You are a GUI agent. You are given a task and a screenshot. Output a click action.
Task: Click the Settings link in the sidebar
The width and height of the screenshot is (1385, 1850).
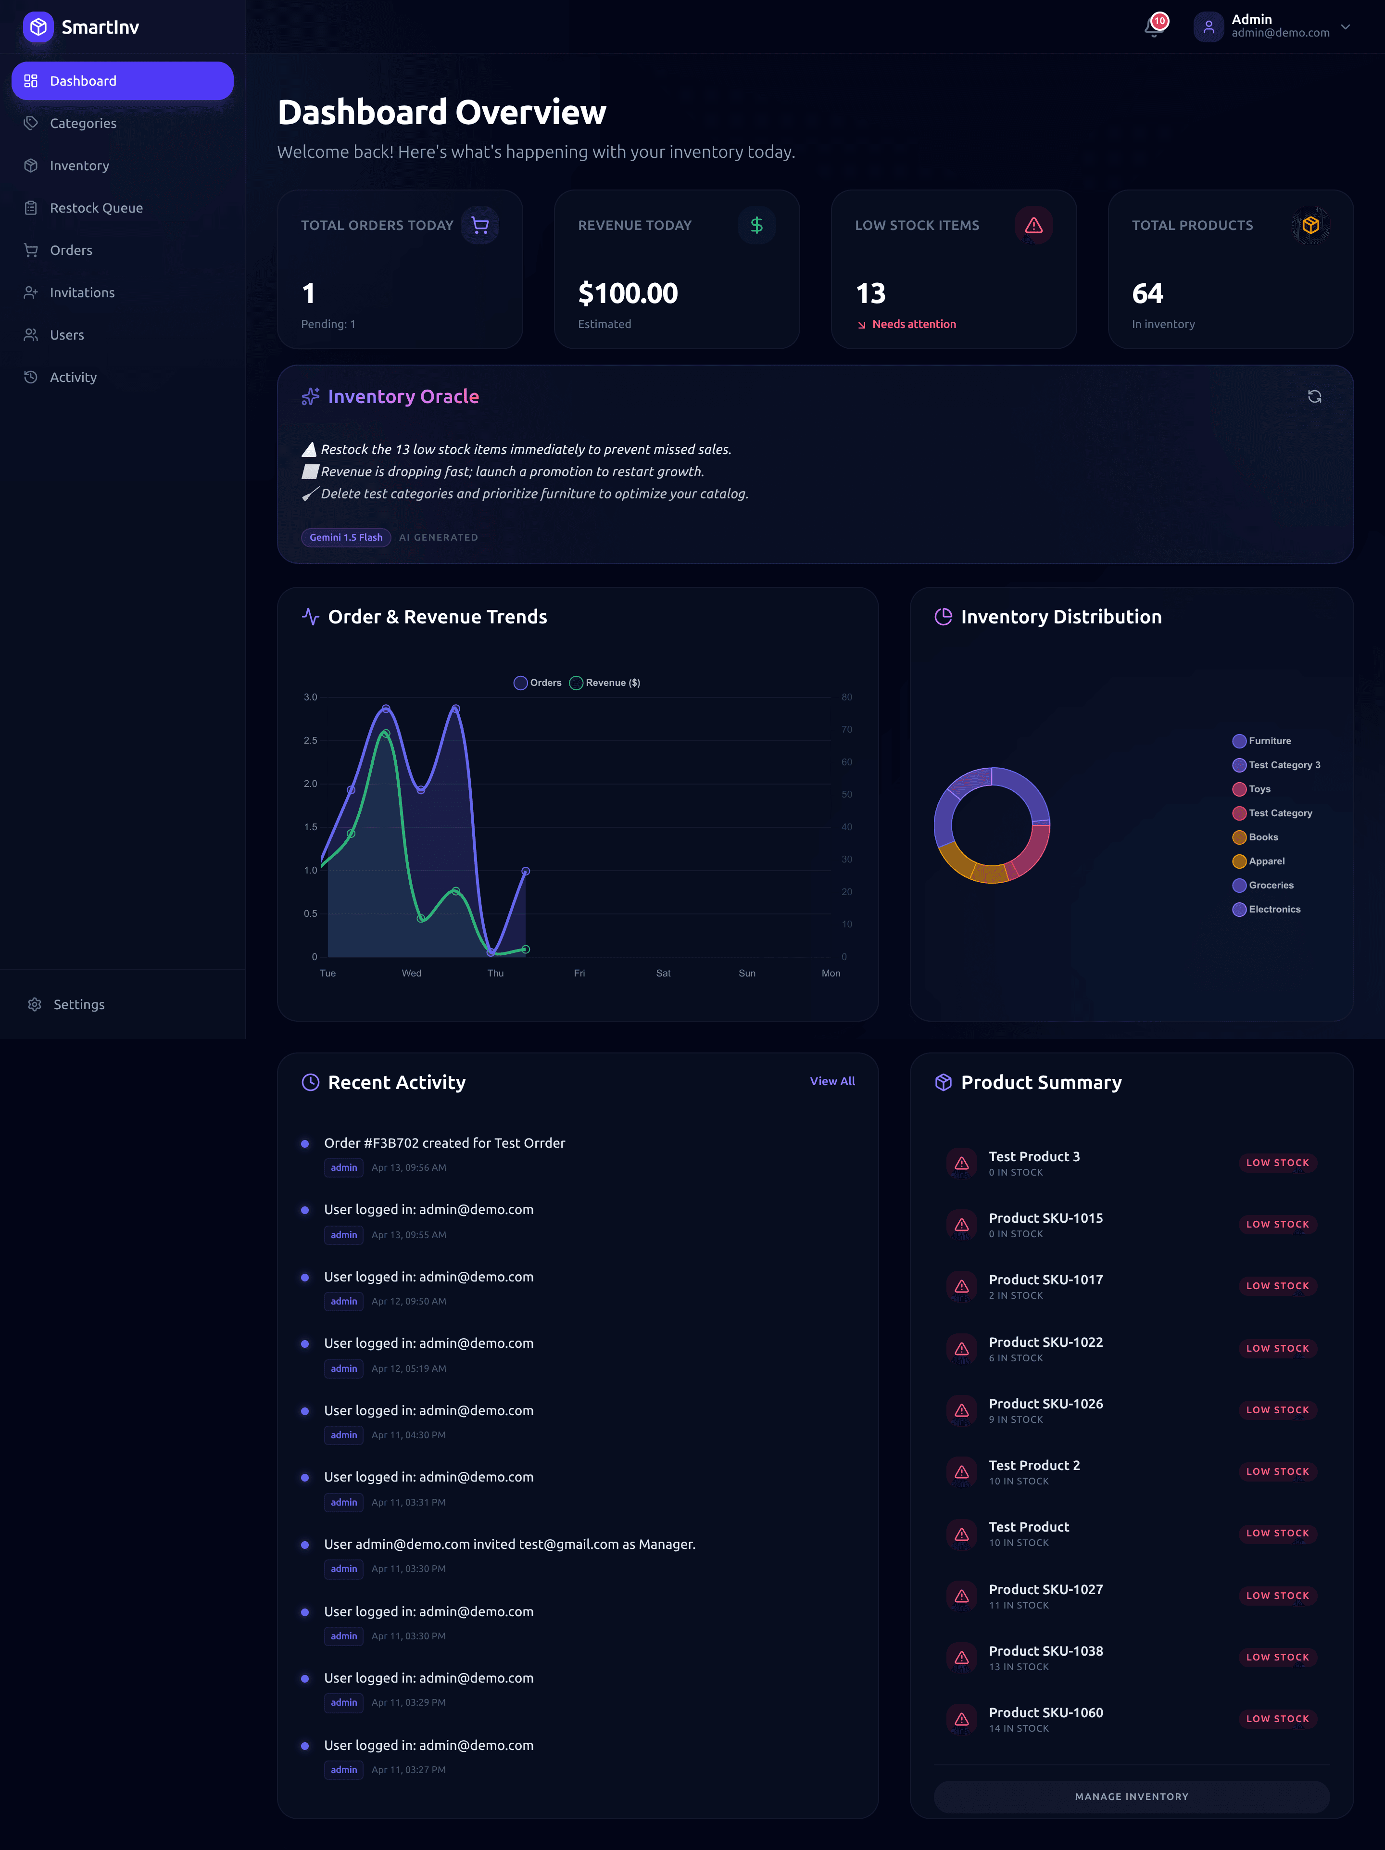(78, 1004)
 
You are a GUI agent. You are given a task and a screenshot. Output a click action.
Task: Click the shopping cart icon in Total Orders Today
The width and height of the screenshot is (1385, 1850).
(480, 225)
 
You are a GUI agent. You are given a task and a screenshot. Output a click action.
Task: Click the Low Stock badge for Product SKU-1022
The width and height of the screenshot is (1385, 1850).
(1277, 1348)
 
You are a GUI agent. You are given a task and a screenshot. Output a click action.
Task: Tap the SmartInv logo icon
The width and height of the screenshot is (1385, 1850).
(38, 27)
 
